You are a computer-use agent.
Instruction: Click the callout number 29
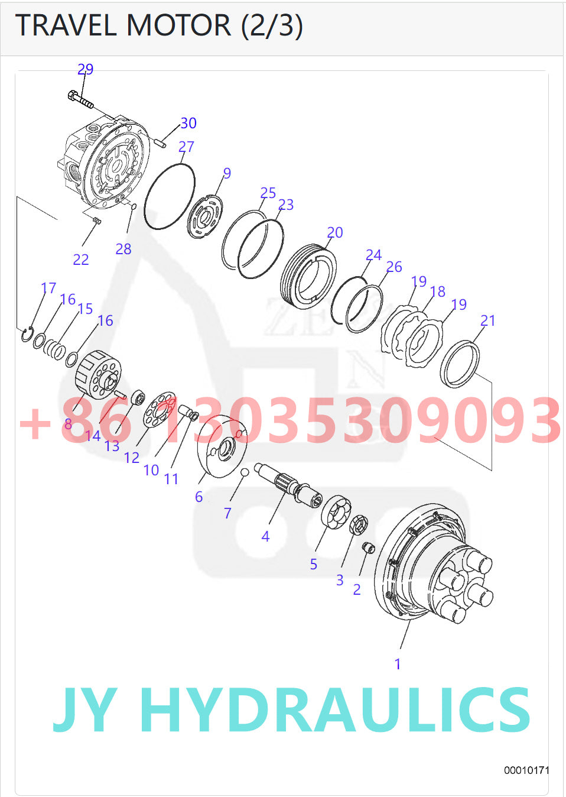point(85,69)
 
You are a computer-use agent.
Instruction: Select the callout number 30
point(188,123)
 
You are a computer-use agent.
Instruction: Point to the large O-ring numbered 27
point(169,196)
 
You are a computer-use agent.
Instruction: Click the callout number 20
point(335,232)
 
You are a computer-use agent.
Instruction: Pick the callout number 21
point(487,320)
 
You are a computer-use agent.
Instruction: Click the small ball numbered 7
point(244,471)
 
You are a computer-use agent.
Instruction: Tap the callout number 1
point(398,664)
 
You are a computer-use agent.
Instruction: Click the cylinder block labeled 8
point(98,374)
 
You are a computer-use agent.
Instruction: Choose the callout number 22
point(81,260)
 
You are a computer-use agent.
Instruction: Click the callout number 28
point(123,249)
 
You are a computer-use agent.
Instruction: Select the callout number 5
point(314,565)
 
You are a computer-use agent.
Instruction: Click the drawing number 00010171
point(526,770)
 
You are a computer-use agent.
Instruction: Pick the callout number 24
point(373,255)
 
